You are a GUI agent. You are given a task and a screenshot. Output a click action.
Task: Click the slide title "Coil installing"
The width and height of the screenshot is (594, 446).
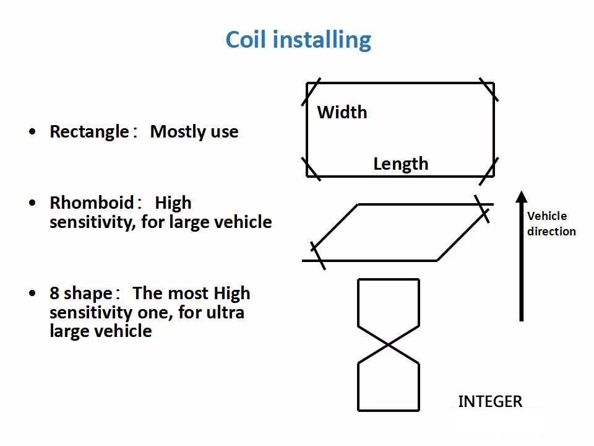point(298,40)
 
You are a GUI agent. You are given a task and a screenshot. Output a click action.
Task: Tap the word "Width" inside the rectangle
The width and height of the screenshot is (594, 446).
point(342,112)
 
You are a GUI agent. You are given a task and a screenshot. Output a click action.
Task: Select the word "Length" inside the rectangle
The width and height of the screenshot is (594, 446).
point(400,164)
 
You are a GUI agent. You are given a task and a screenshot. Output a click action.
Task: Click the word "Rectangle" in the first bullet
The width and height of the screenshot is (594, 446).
point(88,132)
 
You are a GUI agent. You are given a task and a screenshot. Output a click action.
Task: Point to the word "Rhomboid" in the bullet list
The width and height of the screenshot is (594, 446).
point(92,203)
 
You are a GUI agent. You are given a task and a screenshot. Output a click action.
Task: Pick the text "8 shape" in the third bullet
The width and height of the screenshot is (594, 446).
point(80,293)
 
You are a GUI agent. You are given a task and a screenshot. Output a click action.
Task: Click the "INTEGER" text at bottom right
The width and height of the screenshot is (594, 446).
point(490,401)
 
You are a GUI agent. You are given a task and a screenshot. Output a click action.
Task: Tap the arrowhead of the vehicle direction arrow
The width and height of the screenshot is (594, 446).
point(521,198)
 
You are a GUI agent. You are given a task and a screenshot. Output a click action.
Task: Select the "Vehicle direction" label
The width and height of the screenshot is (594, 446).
point(551,224)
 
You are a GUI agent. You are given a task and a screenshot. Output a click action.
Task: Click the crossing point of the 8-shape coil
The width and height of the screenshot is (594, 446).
point(389,344)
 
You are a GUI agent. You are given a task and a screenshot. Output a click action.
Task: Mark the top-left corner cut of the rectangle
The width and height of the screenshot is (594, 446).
point(313,92)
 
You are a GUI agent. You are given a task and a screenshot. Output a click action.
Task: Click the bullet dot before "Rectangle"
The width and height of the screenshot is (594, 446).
point(32,132)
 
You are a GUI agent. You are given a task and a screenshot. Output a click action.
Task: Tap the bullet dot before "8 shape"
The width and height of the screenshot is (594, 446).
point(32,293)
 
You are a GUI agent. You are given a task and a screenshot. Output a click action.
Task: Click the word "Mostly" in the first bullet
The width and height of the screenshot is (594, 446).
point(174,132)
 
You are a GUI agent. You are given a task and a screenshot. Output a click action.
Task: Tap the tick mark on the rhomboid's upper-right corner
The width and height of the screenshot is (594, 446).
point(482,209)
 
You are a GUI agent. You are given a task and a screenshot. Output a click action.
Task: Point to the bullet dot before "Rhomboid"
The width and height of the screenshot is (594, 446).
point(32,203)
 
